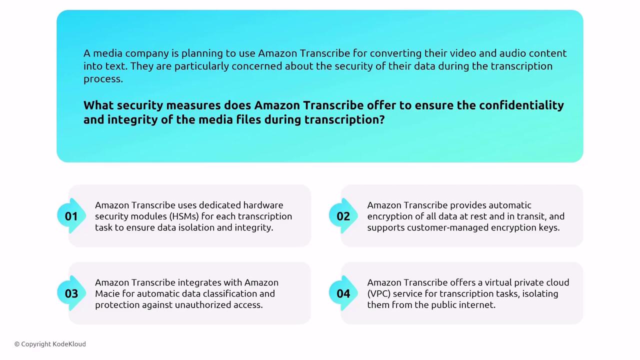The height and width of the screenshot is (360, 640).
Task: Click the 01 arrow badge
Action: pos(71,216)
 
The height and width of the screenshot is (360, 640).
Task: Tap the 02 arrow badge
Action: pos(343,216)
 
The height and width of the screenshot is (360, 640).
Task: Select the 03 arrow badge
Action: pos(71,293)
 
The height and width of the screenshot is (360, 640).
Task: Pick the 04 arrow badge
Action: pos(343,293)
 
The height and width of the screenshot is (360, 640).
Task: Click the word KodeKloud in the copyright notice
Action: pos(69,344)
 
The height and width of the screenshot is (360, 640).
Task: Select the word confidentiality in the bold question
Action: pos(521,105)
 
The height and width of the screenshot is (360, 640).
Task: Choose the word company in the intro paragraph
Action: pos(147,53)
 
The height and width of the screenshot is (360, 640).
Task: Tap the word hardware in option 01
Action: pos(263,205)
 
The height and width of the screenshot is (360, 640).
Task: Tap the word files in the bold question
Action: pos(248,119)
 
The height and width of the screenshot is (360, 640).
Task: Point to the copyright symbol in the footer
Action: pos(17,344)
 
